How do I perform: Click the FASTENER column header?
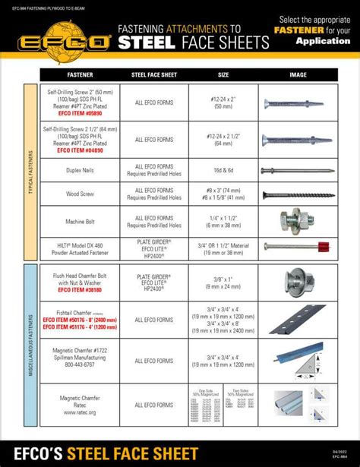81,75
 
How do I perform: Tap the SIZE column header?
223,75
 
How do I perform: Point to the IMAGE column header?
298,75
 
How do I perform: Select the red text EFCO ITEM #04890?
81,150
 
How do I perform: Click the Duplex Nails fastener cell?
81,170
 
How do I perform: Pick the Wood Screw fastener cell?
81,194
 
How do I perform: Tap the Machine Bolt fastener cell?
81,221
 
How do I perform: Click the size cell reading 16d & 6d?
223,170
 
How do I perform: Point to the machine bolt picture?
298,220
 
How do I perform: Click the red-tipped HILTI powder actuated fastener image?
298,248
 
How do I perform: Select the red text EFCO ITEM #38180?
81,289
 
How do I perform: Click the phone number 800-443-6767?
81,364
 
